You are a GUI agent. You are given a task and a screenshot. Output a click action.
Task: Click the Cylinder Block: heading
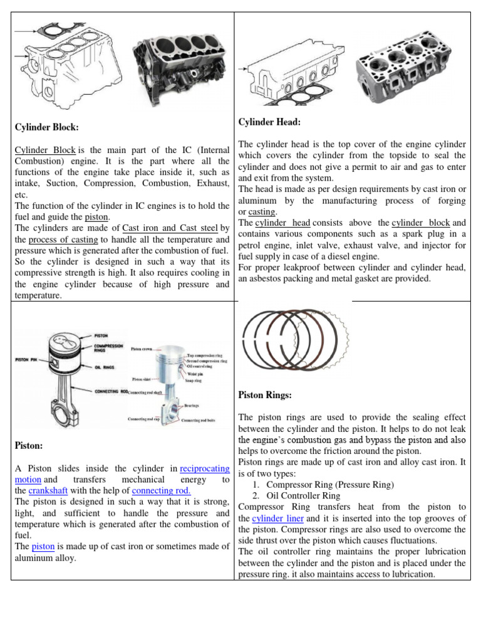[47, 127]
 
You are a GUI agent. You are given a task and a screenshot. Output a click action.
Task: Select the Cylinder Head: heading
[270, 121]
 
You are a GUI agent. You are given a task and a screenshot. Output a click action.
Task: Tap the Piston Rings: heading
[266, 395]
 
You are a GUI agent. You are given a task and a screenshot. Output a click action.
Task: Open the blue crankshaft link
[48, 490]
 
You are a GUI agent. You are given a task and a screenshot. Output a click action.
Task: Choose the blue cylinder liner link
[277, 518]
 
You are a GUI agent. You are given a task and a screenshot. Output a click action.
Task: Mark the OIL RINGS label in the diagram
[105, 368]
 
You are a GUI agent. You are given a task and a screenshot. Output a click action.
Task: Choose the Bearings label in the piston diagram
[192, 406]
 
